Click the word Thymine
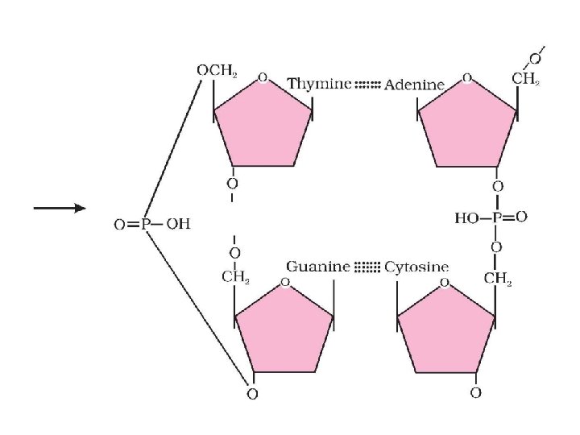pos(319,84)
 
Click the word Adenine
pos(415,85)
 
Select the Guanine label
pos(319,267)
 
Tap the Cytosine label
pos(416,267)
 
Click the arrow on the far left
pos(60,209)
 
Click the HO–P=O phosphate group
pos(491,217)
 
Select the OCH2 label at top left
pos(216,70)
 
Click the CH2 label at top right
pos(525,80)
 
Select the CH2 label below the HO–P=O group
pos(499,279)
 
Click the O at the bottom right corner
pos(475,393)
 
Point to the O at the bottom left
pos(252,395)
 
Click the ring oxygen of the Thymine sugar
pos(263,78)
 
